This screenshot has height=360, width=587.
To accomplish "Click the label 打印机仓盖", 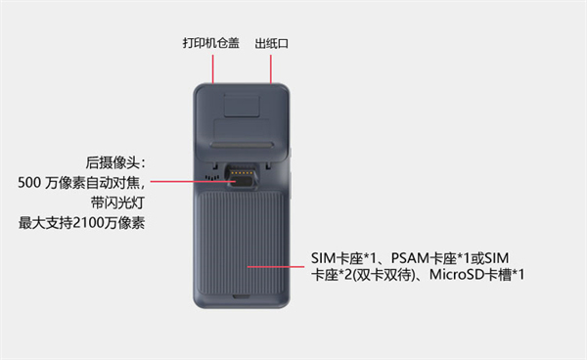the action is (210, 43).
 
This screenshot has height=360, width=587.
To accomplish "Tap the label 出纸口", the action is (271, 43).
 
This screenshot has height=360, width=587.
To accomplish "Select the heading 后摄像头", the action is (113, 162).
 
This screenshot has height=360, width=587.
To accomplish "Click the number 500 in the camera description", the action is (29, 183).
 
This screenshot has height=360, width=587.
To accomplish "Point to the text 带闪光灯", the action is (117, 202).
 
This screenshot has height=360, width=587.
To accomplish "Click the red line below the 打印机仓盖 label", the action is (213, 68).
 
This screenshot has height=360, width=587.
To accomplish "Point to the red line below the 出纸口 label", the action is (271, 68).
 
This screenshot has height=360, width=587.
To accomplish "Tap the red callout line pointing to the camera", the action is (193, 182).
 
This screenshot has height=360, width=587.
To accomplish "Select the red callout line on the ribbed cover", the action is (276, 267).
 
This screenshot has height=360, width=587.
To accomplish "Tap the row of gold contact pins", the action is (240, 172).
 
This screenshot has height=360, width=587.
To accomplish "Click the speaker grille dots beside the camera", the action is (212, 177).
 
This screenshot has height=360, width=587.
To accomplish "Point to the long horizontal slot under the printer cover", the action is (242, 145).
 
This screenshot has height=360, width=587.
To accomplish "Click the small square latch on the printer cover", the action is (242, 106).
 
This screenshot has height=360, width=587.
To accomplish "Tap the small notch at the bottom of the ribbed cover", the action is (242, 296).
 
